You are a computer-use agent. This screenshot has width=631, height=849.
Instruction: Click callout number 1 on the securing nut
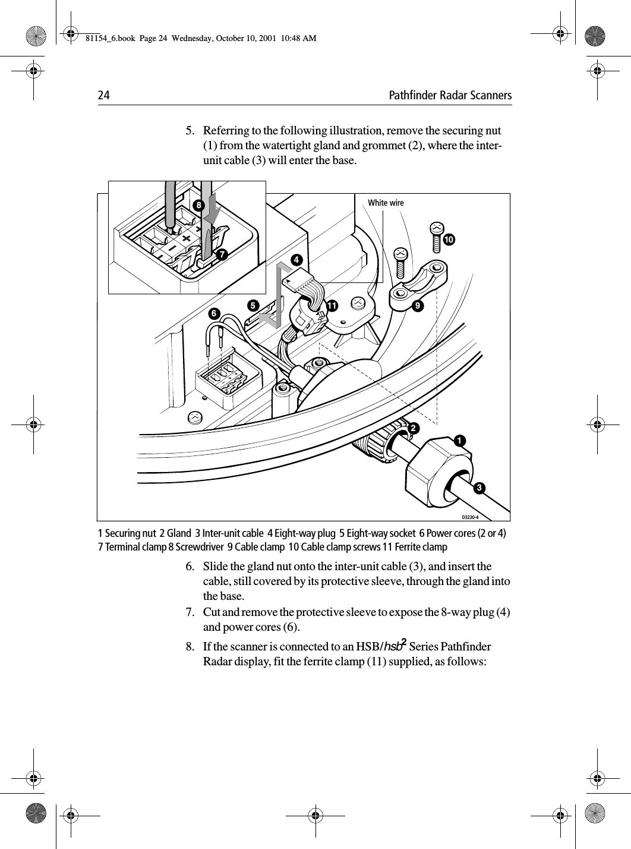coord(459,441)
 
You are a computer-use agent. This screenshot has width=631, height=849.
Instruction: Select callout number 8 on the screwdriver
coord(197,205)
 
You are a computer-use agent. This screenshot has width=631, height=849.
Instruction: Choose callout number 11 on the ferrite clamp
coord(331,305)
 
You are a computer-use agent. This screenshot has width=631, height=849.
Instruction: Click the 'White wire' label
coord(386,203)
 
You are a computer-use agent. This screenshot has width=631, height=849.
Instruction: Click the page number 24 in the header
coord(104,96)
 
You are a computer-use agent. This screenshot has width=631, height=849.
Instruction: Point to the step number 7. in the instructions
coord(191,612)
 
